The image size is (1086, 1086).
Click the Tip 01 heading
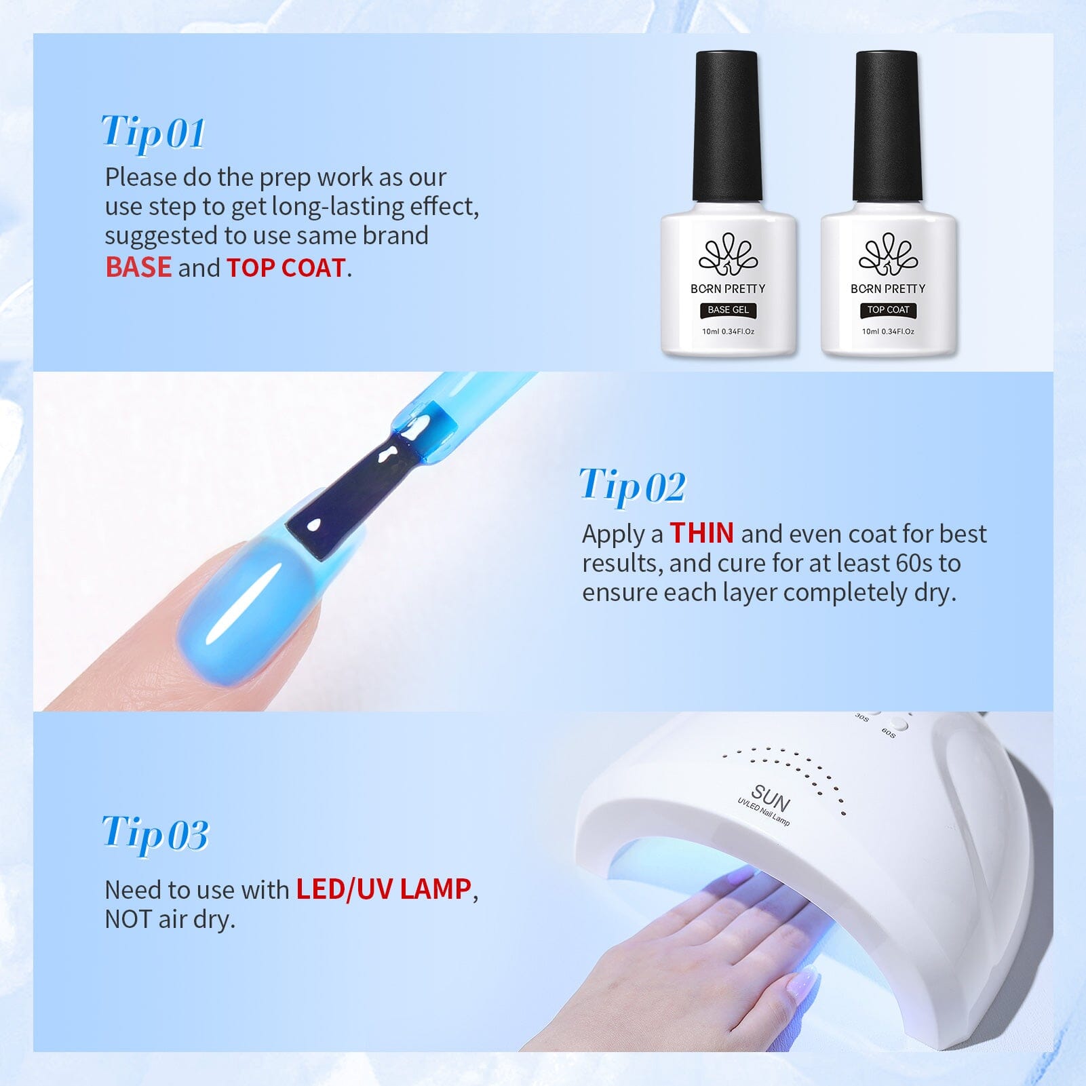153,132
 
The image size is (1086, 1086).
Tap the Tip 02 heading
632,486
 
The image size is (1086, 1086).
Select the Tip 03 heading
155,833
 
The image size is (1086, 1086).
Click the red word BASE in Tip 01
138,267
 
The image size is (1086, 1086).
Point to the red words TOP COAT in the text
286,268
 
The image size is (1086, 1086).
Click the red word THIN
701,533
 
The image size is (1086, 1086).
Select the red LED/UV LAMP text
383,889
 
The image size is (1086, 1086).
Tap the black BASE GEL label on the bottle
728,310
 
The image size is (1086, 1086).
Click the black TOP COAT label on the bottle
888,310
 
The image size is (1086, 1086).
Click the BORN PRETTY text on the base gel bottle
728,288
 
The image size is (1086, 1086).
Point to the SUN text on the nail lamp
771,798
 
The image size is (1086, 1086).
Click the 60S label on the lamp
889,733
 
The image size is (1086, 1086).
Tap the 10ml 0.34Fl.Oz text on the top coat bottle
888,332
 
